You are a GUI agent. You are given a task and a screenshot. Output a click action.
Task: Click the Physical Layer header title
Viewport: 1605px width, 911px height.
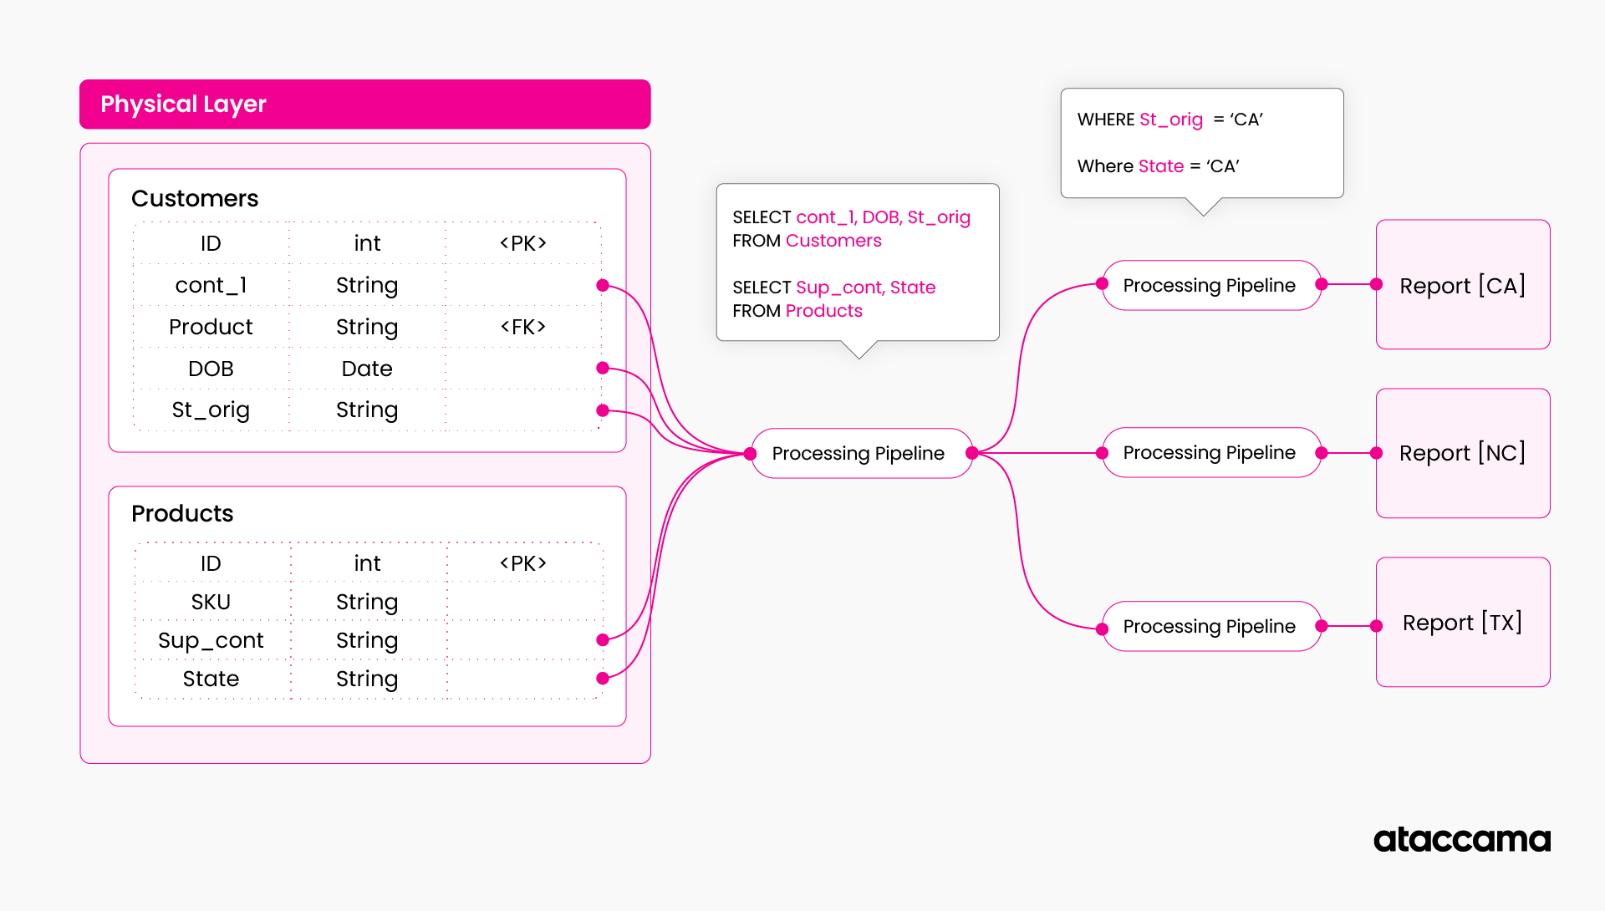tap(183, 104)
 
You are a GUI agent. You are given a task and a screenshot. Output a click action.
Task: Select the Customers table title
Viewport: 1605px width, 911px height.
tap(195, 199)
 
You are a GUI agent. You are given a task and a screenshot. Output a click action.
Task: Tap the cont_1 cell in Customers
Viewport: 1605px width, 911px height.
tap(211, 286)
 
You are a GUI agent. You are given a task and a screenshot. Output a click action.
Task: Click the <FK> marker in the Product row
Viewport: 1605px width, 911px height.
tap(523, 327)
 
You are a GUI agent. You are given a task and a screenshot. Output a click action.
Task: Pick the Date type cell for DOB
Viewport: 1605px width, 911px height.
tap(367, 369)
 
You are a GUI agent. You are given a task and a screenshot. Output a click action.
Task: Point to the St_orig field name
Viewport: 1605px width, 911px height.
tap(211, 410)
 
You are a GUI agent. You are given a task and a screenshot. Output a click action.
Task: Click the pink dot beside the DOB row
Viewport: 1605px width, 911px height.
tap(603, 369)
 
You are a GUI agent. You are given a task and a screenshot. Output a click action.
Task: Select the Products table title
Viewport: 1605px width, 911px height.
tap(182, 513)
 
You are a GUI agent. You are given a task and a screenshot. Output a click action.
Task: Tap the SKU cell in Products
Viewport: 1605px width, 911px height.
tap(211, 602)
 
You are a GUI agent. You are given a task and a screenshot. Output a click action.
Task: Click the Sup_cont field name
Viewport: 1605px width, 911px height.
tap(211, 640)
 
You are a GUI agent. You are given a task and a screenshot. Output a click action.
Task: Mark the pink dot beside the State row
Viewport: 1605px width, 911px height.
tap(603, 679)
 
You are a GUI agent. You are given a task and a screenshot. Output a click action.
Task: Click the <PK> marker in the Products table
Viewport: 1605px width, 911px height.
tap(523, 563)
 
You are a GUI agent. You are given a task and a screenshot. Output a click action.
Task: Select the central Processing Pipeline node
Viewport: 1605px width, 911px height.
tap(859, 453)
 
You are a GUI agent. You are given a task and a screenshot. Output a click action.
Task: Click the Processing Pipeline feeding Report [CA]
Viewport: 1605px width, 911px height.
tap(1209, 286)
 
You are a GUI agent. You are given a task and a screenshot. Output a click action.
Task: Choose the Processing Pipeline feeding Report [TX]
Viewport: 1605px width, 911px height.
tap(1209, 626)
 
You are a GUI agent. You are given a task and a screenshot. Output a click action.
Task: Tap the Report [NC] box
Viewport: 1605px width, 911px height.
tap(1462, 453)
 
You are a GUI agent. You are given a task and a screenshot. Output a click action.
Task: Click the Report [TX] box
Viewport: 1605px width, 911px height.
tap(1462, 623)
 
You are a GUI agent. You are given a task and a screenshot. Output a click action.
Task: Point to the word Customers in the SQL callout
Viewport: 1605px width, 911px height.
tap(833, 241)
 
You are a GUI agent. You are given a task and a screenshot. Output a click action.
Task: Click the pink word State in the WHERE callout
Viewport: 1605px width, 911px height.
tap(1161, 166)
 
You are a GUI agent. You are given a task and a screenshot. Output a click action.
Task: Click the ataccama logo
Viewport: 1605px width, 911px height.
tap(1461, 839)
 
